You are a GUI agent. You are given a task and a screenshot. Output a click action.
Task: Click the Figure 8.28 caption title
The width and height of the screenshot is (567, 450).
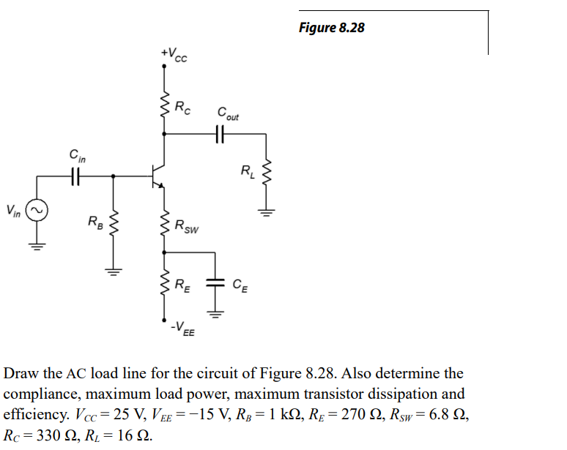[x=332, y=29]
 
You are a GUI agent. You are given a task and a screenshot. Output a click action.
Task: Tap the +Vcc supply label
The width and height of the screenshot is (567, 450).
[x=174, y=55]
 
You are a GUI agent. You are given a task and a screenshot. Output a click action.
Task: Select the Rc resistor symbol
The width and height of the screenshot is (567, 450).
[x=165, y=108]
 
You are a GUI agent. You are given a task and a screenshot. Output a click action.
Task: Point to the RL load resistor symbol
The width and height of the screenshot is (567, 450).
[x=267, y=173]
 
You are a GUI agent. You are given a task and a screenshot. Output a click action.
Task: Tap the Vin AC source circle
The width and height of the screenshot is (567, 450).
[x=37, y=211]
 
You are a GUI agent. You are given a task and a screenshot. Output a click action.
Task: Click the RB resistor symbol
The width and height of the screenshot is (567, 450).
[x=113, y=220]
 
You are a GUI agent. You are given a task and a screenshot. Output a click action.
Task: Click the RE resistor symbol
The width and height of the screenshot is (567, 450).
[x=165, y=285]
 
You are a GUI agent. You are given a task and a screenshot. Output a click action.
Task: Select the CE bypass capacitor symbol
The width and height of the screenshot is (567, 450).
[x=215, y=284]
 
